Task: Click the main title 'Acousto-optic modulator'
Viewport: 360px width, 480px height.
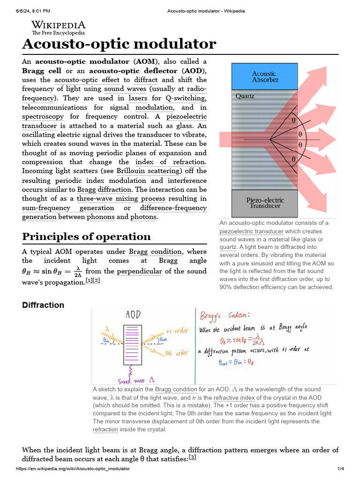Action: point(119,44)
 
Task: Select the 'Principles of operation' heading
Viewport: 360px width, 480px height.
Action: point(86,236)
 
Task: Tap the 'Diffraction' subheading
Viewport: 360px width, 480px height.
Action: point(43,305)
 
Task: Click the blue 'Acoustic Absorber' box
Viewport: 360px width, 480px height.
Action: point(265,77)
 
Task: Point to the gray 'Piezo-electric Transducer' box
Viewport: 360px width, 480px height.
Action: point(265,202)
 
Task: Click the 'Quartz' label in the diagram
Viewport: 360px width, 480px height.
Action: point(245,96)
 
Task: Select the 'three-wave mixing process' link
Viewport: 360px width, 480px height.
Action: point(121,198)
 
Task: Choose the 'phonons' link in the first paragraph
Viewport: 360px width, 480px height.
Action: point(100,217)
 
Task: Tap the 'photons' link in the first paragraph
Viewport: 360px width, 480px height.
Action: point(144,217)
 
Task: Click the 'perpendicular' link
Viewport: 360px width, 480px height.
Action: point(139,271)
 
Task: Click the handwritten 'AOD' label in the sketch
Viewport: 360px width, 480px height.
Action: point(133,315)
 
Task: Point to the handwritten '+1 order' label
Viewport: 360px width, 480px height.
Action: point(177,331)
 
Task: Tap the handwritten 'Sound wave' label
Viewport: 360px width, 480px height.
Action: point(133,381)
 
